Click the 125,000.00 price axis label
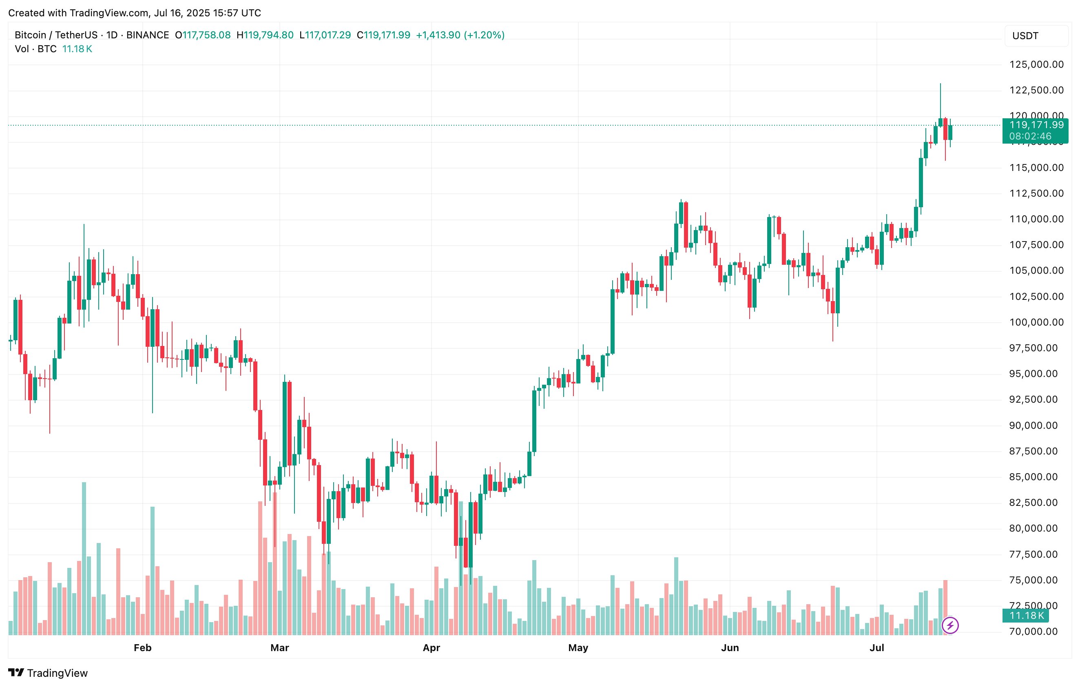[x=1036, y=64]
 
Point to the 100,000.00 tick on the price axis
[x=1036, y=322]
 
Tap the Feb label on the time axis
[x=143, y=647]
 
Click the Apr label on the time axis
[x=432, y=647]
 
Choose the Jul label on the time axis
[x=877, y=647]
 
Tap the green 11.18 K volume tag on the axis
[x=1026, y=616]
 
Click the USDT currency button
[x=1025, y=36]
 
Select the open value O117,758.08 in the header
[x=203, y=35]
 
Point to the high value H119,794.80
[x=265, y=35]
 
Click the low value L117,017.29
[x=325, y=35]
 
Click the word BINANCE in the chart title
[x=148, y=35]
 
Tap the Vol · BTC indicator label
[x=35, y=49]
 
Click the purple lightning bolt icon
[x=950, y=625]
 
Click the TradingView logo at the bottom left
[x=48, y=673]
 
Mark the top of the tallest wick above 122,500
[x=941, y=84]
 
